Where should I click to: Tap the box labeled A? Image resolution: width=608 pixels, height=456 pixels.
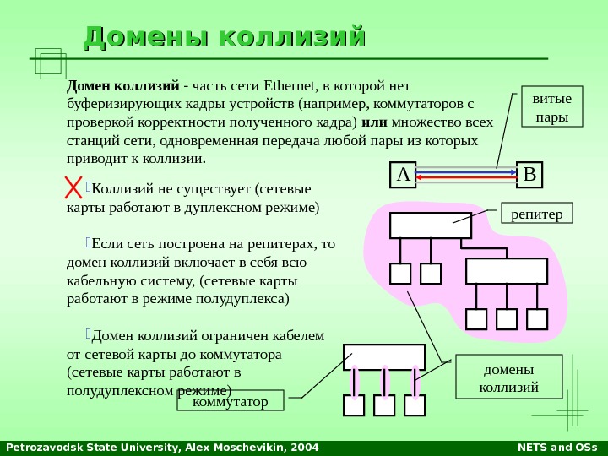pyautogui.click(x=403, y=175)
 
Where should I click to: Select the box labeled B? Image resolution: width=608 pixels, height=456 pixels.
pyautogui.click(x=529, y=175)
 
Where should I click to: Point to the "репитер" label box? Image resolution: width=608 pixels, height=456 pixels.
pyautogui.click(x=537, y=214)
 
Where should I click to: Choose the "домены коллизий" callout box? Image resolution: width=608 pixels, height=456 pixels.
pyautogui.click(x=508, y=377)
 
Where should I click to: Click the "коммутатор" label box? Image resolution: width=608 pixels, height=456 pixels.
pyautogui.click(x=231, y=400)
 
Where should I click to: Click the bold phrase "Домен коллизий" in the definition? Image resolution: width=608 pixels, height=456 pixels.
pyautogui.click(x=122, y=86)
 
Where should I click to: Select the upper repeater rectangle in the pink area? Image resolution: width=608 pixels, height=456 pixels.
pyautogui.click(x=431, y=225)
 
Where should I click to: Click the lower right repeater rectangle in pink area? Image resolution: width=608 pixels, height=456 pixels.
pyautogui.click(x=507, y=271)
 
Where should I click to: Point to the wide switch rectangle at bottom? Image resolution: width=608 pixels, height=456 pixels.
pyautogui.click(x=383, y=356)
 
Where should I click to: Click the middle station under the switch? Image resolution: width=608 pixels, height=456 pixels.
pyautogui.click(x=384, y=405)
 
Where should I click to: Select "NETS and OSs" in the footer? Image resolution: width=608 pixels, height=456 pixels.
pyautogui.click(x=556, y=447)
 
